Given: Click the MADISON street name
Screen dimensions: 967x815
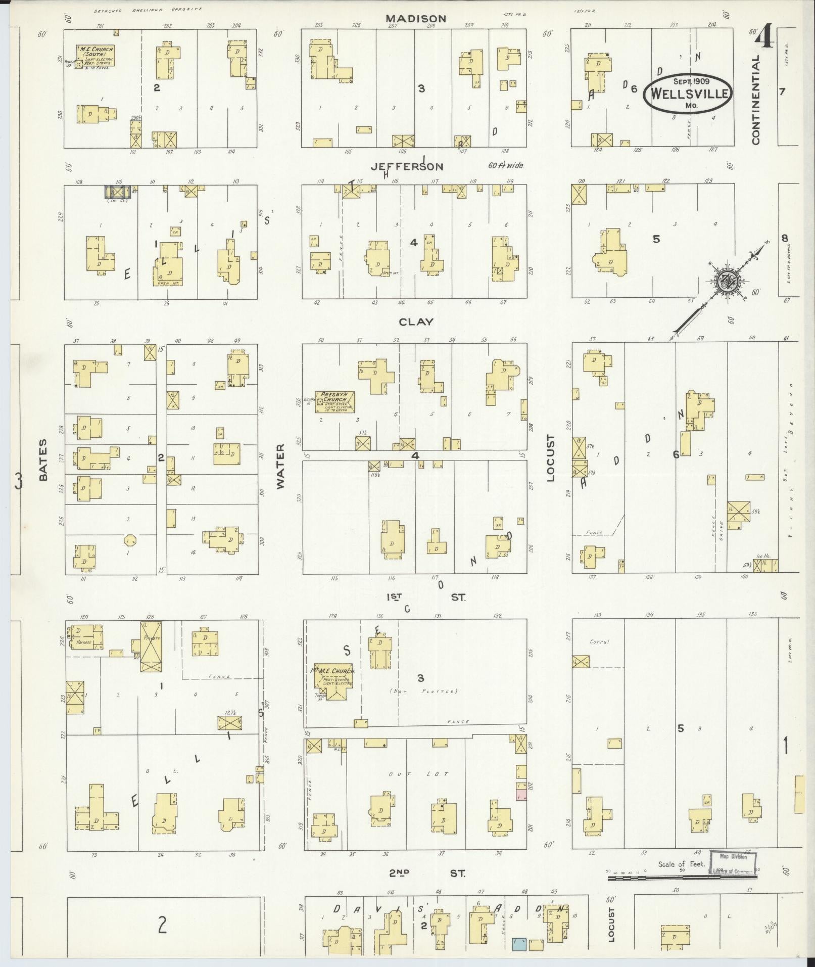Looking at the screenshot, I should coord(415,19).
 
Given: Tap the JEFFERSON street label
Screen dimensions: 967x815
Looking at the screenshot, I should coord(407,166).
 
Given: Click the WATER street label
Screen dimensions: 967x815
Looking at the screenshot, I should coord(281,466).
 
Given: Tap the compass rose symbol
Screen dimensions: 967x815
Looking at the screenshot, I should coord(726,283).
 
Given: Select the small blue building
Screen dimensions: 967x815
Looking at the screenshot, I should coord(519,944).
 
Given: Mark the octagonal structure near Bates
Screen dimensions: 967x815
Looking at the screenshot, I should coord(130,540).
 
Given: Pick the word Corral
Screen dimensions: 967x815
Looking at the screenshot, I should coord(599,641).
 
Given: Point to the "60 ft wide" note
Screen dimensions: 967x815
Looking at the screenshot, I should coord(506,165).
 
